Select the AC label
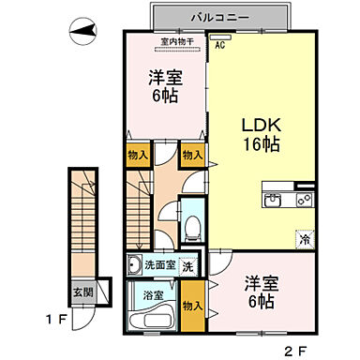(x=220, y=44)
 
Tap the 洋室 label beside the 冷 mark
(x=261, y=282)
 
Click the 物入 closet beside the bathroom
(x=192, y=306)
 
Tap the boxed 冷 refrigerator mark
(x=305, y=240)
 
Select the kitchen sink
(x=277, y=199)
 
